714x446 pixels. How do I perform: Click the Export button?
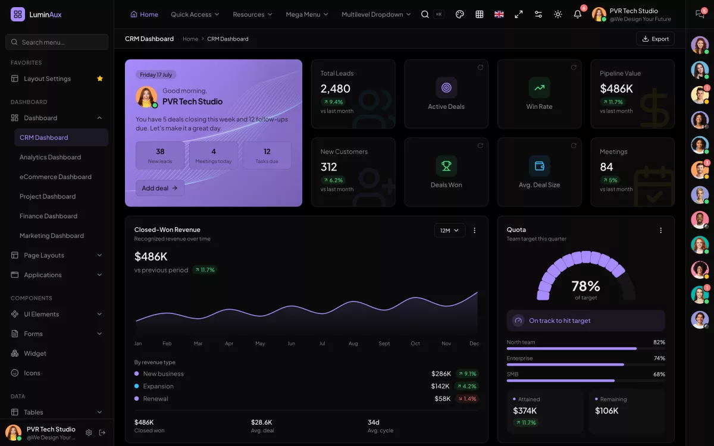[x=655, y=39]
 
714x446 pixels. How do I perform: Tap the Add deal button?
[x=159, y=188]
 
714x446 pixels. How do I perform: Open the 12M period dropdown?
[x=449, y=230]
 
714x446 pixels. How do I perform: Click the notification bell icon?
[x=577, y=14]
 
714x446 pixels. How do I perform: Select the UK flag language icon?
[x=499, y=14]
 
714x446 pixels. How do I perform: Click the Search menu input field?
[x=57, y=42]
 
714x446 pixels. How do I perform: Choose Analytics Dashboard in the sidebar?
[x=51, y=157]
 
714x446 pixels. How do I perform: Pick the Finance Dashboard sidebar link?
[x=48, y=216]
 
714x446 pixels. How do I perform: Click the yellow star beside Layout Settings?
[x=100, y=78]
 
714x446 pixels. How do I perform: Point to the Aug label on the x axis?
[x=353, y=344]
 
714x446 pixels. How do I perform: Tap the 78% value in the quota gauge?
[x=586, y=286]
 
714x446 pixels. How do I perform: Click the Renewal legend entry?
[x=151, y=398]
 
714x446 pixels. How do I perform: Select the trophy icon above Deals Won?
[x=446, y=166]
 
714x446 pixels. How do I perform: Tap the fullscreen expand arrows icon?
[x=519, y=14]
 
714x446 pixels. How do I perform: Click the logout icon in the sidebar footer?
[x=102, y=432]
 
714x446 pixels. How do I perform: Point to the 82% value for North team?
[x=659, y=342]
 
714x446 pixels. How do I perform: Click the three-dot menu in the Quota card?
[x=661, y=230]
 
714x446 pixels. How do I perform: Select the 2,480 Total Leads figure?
[x=336, y=89]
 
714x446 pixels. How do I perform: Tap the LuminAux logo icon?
[x=18, y=14]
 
